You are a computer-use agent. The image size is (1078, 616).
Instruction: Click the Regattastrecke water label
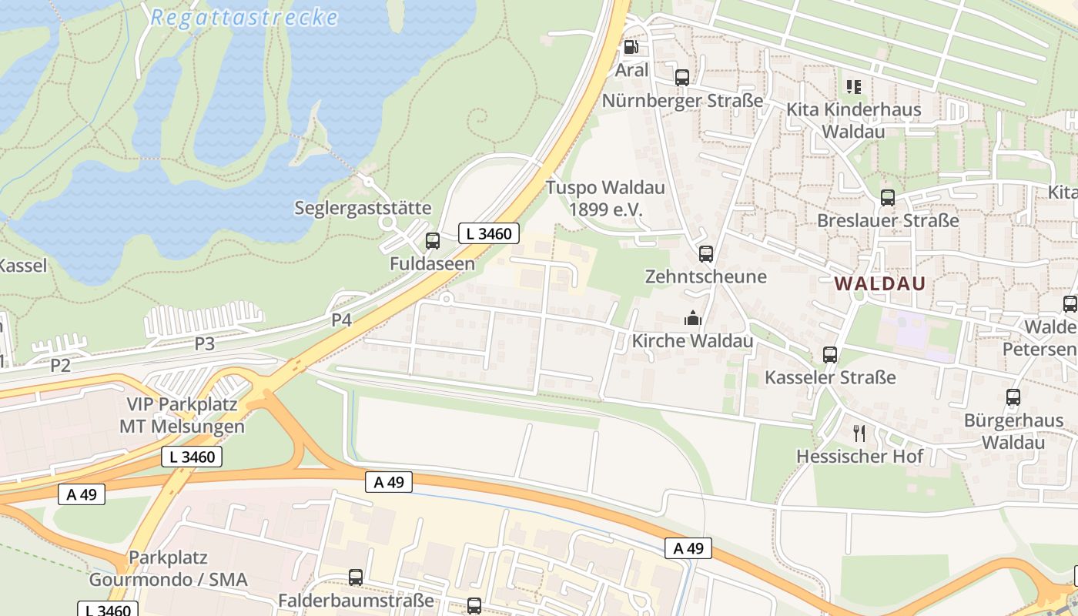[x=244, y=18]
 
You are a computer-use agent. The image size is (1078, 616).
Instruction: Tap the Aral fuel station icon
[x=631, y=48]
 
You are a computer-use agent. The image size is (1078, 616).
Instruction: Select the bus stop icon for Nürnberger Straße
[x=682, y=78]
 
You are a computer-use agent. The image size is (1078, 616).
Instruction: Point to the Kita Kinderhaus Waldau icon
[x=853, y=87]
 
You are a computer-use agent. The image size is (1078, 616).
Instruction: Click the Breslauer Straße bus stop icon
[x=888, y=198]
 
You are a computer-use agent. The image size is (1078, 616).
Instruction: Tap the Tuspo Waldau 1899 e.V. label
[x=605, y=199]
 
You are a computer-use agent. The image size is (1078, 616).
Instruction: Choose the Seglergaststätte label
[x=363, y=208]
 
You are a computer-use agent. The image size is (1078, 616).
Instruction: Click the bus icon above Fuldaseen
[x=433, y=241]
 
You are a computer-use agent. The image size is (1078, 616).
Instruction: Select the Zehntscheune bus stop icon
[x=705, y=254]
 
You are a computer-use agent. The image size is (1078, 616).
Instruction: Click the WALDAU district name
[x=879, y=283]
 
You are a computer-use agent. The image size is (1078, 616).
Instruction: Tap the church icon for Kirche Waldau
[x=692, y=317]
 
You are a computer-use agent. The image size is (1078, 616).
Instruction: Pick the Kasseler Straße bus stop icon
[x=830, y=355]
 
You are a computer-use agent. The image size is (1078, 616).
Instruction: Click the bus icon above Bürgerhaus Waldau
[x=1013, y=398]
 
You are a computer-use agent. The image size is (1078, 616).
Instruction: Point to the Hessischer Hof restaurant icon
[x=859, y=434]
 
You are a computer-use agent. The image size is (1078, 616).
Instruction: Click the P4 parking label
[x=342, y=320]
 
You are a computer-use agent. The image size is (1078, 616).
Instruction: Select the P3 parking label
[x=204, y=343]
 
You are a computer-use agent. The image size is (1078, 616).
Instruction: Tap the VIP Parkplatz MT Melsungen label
[x=182, y=415]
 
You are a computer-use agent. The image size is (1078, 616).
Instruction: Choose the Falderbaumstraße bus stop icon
[x=356, y=577]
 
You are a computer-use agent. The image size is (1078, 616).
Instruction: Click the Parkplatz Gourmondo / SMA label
[x=168, y=568]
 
